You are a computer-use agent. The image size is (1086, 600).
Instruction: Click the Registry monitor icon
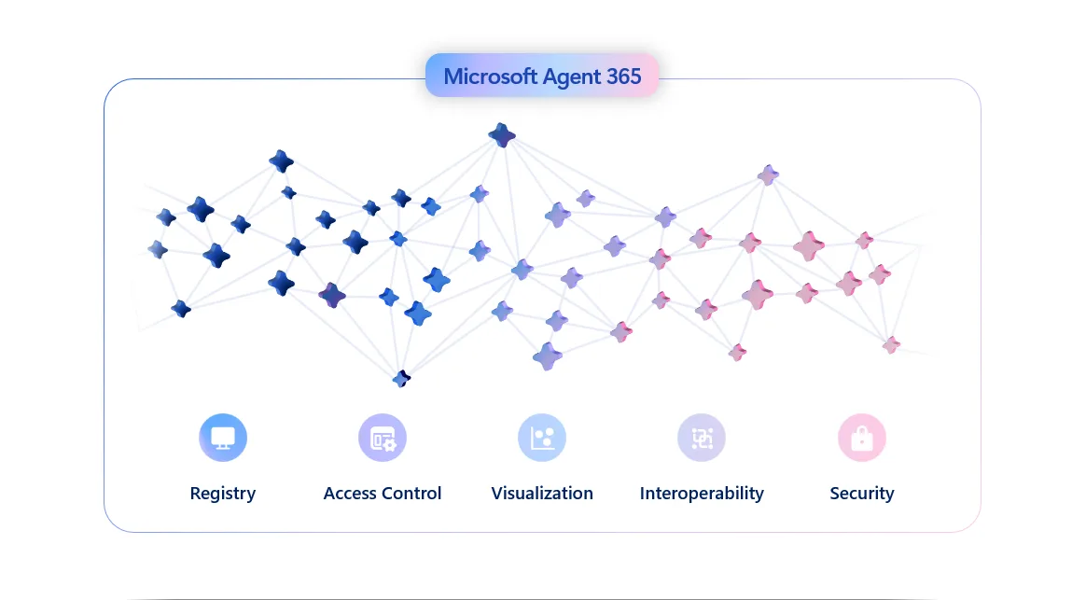(223, 438)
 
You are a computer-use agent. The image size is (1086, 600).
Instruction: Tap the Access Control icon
(383, 438)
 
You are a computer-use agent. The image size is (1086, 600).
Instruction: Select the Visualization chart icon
(542, 438)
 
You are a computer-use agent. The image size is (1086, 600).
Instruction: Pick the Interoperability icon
(702, 438)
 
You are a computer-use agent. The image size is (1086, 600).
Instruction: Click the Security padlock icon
(862, 438)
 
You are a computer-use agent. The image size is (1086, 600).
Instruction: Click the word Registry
(223, 494)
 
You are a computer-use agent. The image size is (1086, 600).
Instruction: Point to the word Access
(351, 494)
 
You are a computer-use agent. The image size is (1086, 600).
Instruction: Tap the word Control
(412, 494)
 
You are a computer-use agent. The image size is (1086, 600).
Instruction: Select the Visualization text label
(542, 494)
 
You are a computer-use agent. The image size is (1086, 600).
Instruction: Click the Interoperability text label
(702, 494)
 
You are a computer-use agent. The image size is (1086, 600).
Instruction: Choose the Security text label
(862, 494)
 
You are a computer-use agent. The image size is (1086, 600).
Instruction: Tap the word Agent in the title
(573, 77)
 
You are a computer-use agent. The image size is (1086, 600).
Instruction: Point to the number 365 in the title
(624, 77)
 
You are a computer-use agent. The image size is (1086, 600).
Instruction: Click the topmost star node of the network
(502, 135)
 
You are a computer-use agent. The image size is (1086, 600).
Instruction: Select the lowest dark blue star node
(401, 378)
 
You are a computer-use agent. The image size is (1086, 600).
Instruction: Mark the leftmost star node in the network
(158, 249)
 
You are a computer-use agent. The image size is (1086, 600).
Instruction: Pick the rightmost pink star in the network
(892, 344)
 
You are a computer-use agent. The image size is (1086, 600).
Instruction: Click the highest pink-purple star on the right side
(768, 174)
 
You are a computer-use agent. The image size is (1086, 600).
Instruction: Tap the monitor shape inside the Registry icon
(223, 437)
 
